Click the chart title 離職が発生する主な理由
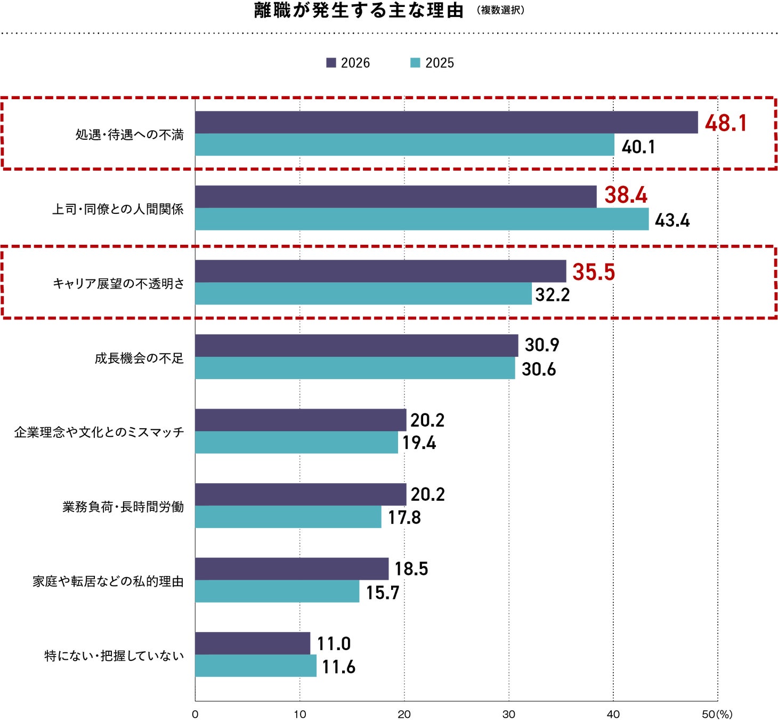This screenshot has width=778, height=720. (x=359, y=11)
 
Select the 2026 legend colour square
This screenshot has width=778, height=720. (x=331, y=63)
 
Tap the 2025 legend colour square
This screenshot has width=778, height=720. (x=415, y=63)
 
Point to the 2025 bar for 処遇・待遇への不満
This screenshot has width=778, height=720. (x=404, y=145)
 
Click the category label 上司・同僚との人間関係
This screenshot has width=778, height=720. (x=118, y=209)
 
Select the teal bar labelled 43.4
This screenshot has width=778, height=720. (x=422, y=219)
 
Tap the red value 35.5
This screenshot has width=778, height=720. (x=594, y=272)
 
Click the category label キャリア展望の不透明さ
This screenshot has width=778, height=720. (x=118, y=283)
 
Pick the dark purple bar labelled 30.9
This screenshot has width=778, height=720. (x=356, y=346)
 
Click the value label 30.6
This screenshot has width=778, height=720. (x=539, y=370)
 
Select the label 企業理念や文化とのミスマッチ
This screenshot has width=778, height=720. (x=99, y=432)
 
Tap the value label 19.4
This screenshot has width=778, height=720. (x=419, y=443)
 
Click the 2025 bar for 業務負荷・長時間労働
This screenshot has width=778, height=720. (x=288, y=517)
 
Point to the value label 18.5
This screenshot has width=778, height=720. (x=411, y=569)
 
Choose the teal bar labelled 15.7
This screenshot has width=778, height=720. (x=277, y=591)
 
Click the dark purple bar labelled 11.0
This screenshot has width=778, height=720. (x=253, y=643)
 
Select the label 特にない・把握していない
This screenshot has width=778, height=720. (x=114, y=655)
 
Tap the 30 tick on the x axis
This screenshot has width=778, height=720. (x=508, y=714)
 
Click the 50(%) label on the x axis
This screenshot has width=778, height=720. (x=717, y=714)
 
